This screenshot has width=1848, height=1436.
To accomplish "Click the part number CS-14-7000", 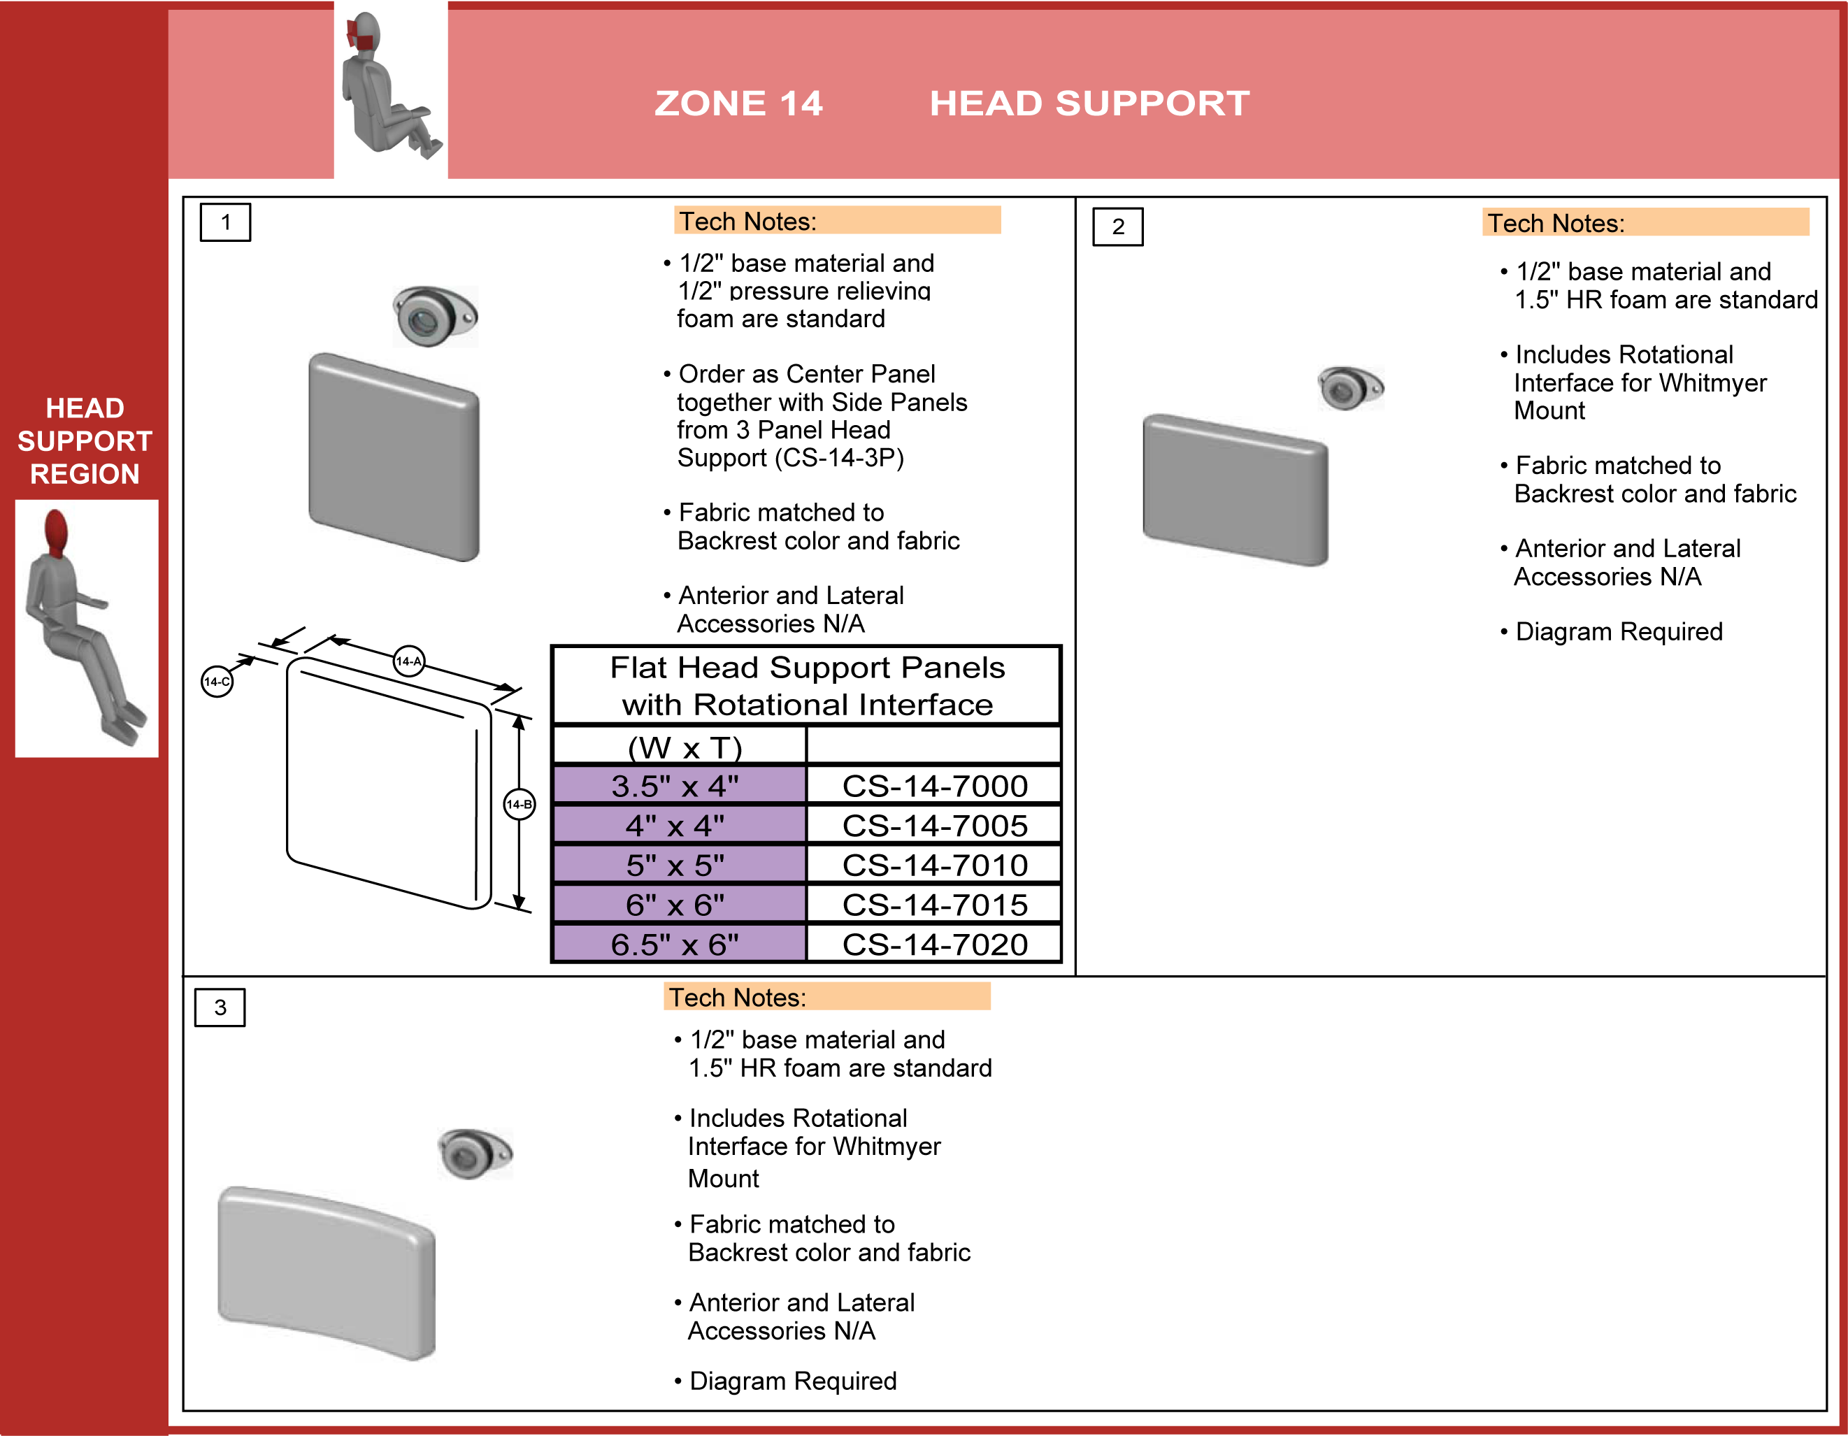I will coord(934,786).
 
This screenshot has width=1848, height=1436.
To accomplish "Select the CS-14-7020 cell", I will coord(934,945).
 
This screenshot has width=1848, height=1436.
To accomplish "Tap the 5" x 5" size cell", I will coord(676,865).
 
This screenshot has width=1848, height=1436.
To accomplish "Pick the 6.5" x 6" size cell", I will coord(676,945).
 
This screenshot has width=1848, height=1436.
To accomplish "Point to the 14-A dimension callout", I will coord(409,661).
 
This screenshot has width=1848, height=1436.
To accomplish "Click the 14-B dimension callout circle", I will coord(519,804).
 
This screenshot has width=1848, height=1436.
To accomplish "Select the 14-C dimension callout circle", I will coord(217,681).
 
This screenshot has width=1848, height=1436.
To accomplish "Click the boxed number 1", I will coord(225,222).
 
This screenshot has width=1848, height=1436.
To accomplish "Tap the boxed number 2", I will coord(1118,227).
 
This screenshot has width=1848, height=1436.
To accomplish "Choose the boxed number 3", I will coord(220,1007).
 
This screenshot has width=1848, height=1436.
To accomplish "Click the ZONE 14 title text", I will coord(738,103).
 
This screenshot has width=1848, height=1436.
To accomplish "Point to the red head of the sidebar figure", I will coord(56,531).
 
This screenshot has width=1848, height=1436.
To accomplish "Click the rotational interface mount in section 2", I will coord(1349,389).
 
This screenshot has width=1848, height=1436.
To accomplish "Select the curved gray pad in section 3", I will coord(327,1271).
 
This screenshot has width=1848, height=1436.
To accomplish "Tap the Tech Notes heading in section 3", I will coord(738,998).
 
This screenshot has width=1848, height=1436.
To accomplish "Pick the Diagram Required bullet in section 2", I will coord(1618,631).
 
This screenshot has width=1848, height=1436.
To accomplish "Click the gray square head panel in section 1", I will coord(394,457).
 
